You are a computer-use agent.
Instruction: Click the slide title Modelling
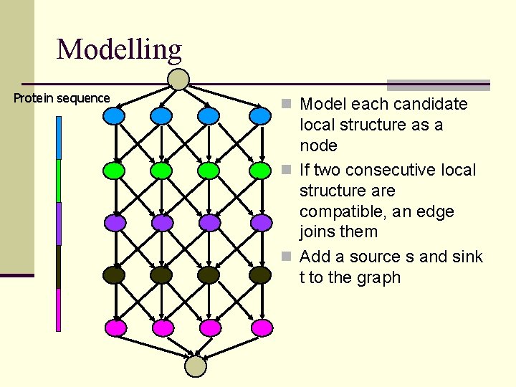click(x=119, y=49)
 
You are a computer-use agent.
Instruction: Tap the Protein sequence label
click(x=62, y=98)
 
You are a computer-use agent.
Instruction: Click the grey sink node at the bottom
click(x=196, y=366)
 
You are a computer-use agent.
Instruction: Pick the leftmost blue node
click(x=114, y=115)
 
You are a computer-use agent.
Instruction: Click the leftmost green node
click(x=114, y=171)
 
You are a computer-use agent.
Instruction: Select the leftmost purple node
click(x=114, y=223)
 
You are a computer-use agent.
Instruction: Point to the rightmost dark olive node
click(x=260, y=274)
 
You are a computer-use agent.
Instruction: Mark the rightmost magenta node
click(x=262, y=328)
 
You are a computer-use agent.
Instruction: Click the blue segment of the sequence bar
click(x=59, y=138)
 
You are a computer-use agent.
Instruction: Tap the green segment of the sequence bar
click(x=59, y=181)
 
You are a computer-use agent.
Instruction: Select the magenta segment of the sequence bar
click(x=59, y=310)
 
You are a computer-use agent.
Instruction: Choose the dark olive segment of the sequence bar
click(x=59, y=267)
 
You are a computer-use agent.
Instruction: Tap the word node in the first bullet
click(x=318, y=145)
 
